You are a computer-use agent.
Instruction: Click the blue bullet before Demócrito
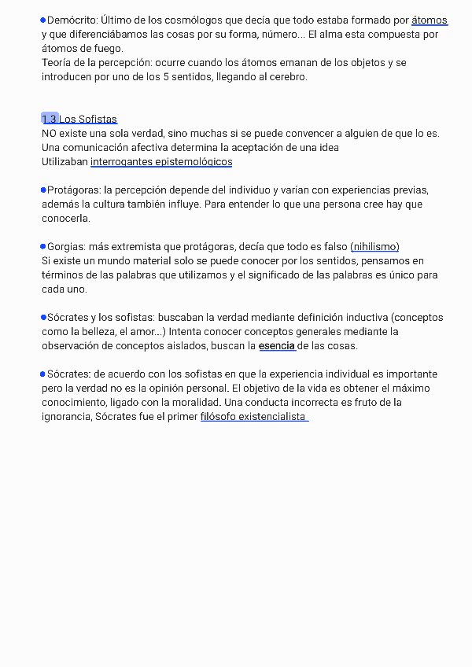[43, 20]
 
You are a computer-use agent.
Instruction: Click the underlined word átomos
[430, 20]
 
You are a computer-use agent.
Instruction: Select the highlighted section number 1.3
[50, 119]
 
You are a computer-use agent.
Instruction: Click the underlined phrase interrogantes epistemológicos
[161, 162]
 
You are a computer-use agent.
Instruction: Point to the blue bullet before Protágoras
[43, 190]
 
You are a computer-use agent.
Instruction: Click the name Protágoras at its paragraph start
[73, 190]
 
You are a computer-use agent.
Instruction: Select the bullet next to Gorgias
[43, 246]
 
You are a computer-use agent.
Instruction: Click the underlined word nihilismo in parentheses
[375, 247]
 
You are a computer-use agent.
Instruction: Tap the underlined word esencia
[277, 346]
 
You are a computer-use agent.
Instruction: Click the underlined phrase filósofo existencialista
[253, 417]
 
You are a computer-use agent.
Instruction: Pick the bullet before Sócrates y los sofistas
[43, 317]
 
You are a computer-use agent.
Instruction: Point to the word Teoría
[59, 63]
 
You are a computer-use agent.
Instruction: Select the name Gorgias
[66, 247]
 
